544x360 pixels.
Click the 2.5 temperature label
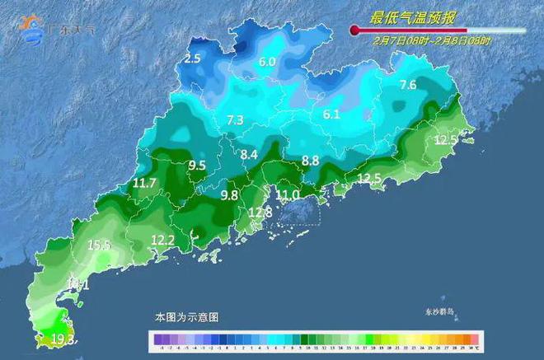192,58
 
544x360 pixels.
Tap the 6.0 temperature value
267,62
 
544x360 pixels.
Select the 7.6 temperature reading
407,85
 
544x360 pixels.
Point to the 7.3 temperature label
235,120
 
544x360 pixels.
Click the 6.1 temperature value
331,115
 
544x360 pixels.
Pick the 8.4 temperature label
249,154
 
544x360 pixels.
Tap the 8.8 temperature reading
310,161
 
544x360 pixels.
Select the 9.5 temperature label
197,166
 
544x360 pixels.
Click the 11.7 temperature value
144,183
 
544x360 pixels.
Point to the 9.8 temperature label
229,195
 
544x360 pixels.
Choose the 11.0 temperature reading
287,194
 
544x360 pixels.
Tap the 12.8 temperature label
260,213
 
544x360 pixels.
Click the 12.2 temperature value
162,240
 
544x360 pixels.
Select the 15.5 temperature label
99,245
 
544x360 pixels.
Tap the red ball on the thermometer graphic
355,30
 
